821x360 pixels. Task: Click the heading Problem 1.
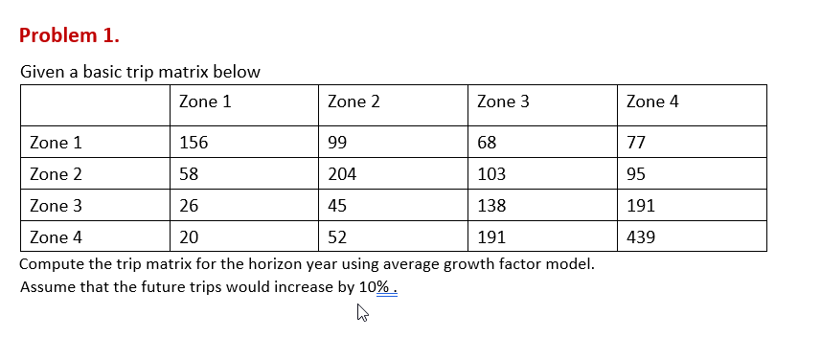pos(70,35)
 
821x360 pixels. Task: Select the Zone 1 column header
pos(204,101)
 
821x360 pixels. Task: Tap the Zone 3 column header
pos(503,101)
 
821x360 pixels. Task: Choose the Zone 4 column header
pos(652,101)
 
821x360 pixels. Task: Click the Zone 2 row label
pos(56,174)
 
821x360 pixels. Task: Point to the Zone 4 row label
pos(56,237)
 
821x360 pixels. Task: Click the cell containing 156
pos(194,143)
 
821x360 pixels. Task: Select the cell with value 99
pos(336,143)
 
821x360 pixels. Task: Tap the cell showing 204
pos(341,174)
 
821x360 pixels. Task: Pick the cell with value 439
pos(640,237)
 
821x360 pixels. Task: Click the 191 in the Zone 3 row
pos(640,206)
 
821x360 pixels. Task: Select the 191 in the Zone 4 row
pos(490,237)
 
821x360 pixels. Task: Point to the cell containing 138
pos(490,206)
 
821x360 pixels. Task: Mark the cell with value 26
pos(189,206)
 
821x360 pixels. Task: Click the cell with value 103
pos(490,174)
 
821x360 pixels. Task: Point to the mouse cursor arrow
pos(361,311)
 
